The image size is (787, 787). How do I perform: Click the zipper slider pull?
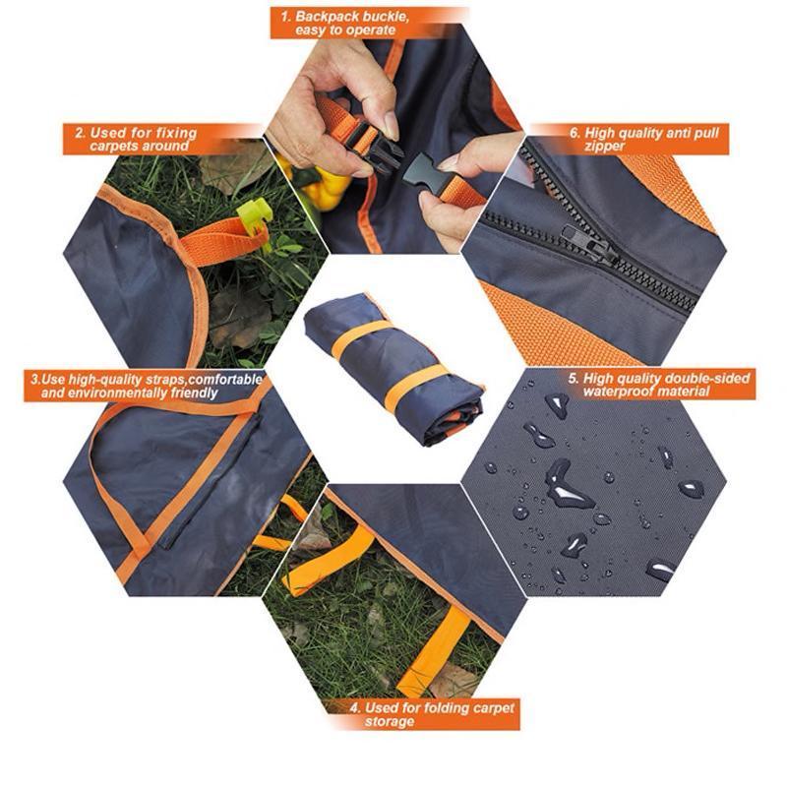click(590, 245)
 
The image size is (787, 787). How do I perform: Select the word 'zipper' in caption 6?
click(604, 146)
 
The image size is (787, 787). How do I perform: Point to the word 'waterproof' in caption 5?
click(620, 391)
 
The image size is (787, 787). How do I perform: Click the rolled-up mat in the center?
click(394, 369)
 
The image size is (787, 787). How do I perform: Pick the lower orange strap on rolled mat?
click(415, 386)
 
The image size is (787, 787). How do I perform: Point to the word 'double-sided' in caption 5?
click(706, 378)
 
